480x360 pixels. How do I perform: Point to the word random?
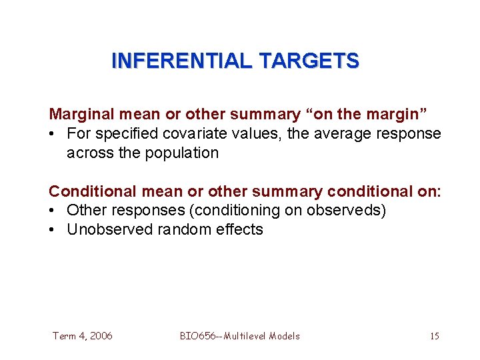click(179, 230)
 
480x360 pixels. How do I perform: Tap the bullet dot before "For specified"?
click(53, 134)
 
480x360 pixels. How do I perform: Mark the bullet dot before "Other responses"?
click(53, 211)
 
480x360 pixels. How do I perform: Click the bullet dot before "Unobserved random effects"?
click(53, 230)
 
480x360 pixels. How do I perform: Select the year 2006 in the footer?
click(100, 336)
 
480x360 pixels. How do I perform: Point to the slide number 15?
click(434, 336)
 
